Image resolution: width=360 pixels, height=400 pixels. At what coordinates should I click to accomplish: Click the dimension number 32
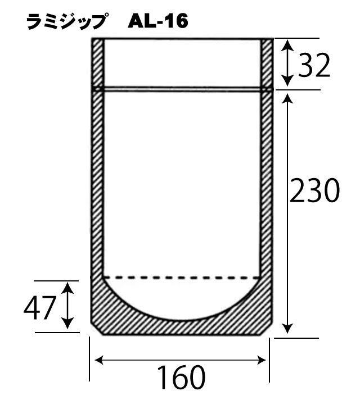tap(313, 66)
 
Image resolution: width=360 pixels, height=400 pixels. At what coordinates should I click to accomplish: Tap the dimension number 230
tap(314, 192)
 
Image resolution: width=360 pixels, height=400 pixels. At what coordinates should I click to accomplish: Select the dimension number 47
tap(40, 307)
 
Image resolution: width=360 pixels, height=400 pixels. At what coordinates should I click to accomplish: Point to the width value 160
tap(180, 378)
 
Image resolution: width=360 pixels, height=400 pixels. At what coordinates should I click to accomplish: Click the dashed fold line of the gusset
tap(180, 277)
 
